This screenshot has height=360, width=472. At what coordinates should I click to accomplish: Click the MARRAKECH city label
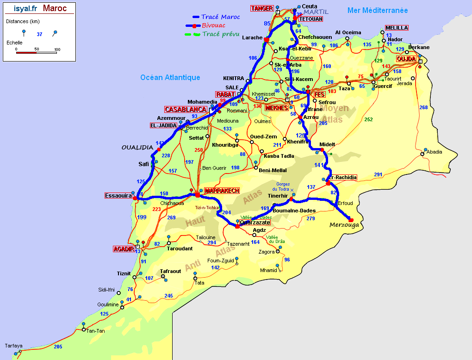pyautogui.click(x=222, y=191)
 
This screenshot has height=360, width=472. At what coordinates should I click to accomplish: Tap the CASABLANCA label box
pyautogui.click(x=186, y=110)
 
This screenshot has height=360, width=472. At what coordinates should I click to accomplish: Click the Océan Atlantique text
pyautogui.click(x=170, y=78)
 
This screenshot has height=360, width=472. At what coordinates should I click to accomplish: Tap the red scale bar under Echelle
pyautogui.click(x=26, y=53)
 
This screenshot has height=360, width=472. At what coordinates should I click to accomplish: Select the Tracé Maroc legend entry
pyautogui.click(x=220, y=17)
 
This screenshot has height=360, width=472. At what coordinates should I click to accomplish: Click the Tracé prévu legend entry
pyautogui.click(x=221, y=34)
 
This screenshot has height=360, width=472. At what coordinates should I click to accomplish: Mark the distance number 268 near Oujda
pyautogui.click(x=423, y=107)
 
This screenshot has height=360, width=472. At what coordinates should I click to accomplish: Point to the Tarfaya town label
pyautogui.click(x=13, y=346)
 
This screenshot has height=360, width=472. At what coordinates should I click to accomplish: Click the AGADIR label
pyautogui.click(x=123, y=249)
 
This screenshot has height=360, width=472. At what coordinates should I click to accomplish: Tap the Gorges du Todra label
pyautogui.click(x=280, y=186)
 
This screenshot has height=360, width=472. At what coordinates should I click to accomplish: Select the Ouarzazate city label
pyautogui.click(x=255, y=223)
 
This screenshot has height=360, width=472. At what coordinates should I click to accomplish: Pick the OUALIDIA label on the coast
pyautogui.click(x=137, y=147)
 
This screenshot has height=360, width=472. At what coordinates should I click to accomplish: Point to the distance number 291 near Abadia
pyautogui.click(x=378, y=174)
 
